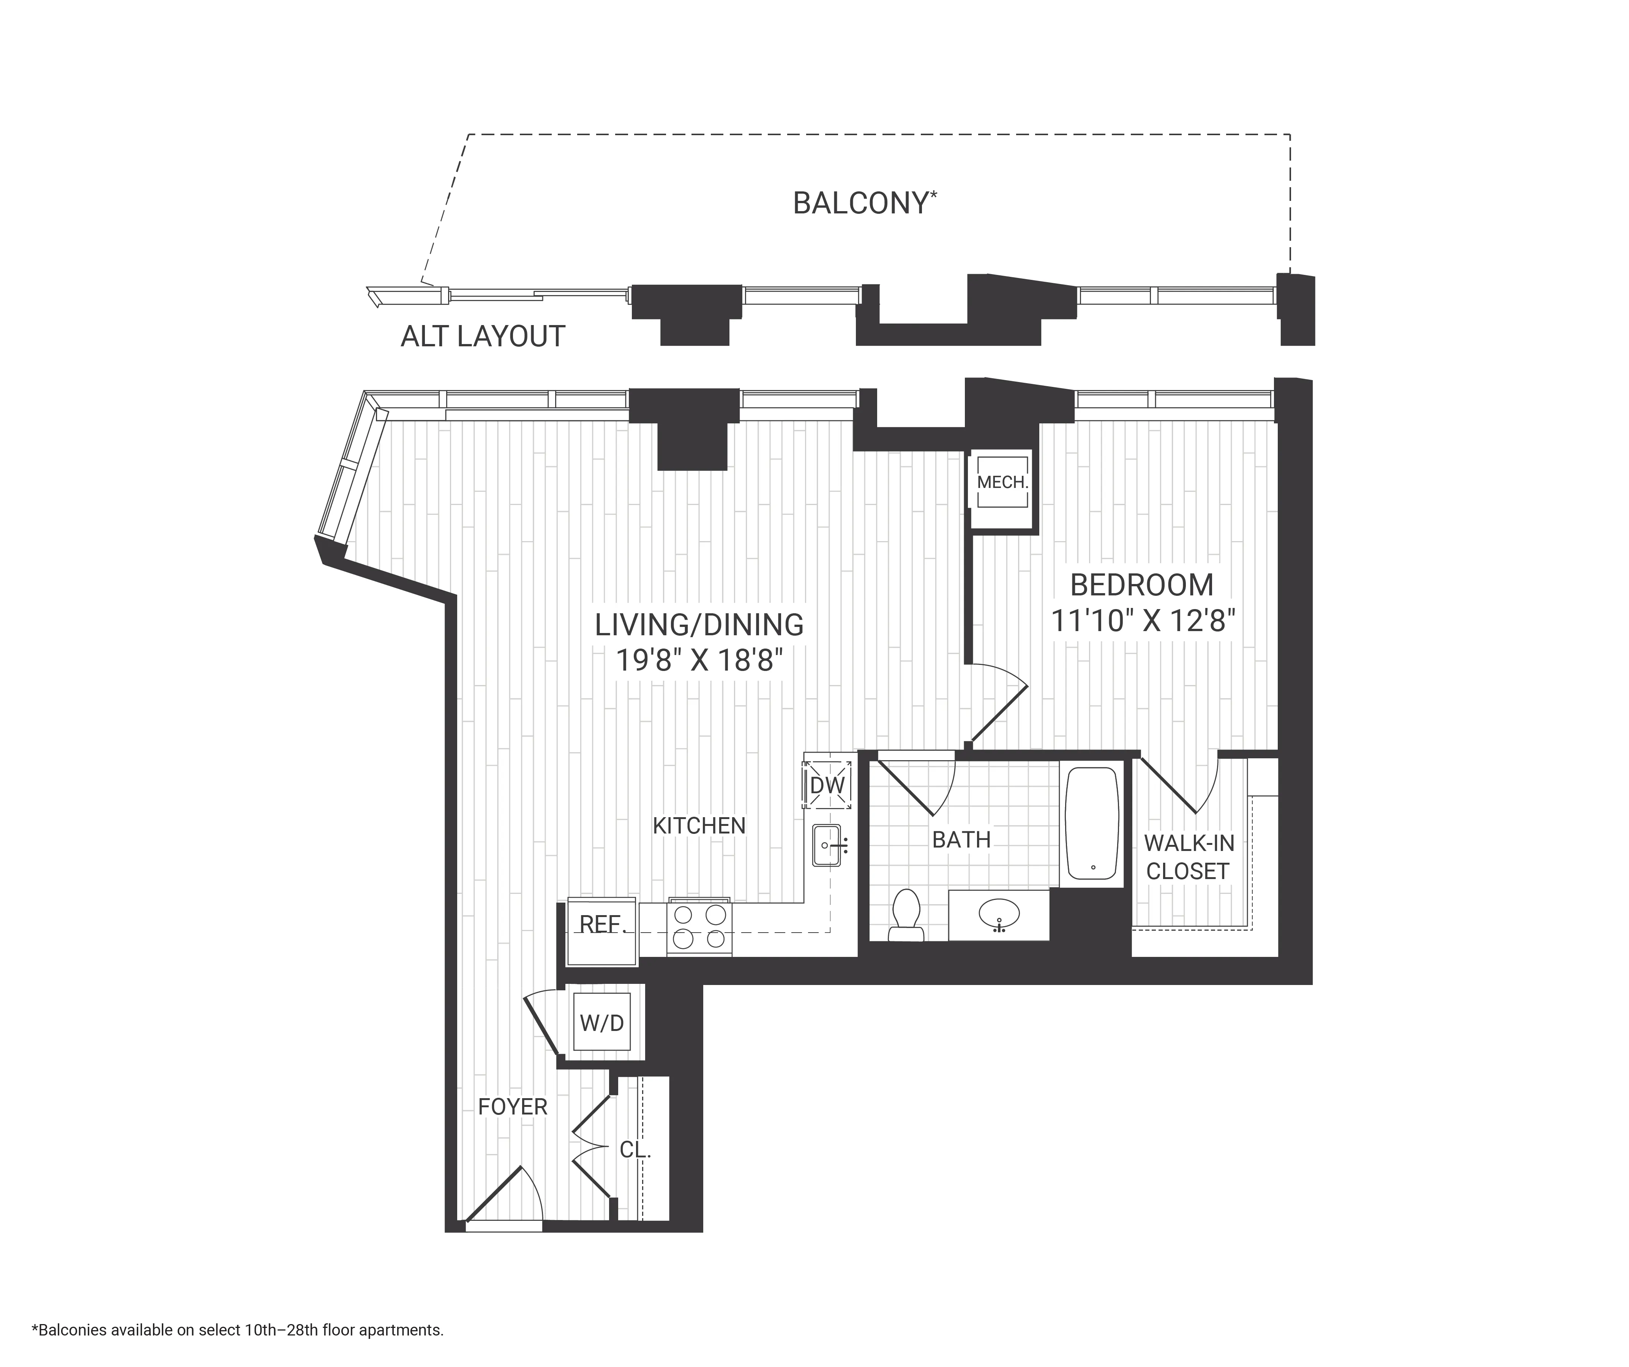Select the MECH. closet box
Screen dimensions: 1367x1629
1002,483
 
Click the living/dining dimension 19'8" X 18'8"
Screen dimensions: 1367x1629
699,661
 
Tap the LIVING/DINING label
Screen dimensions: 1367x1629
699,625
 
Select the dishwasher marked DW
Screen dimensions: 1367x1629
827,785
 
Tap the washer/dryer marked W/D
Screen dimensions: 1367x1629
602,1023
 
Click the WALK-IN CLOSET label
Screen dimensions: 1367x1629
1189,857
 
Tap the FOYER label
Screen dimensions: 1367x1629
513,1107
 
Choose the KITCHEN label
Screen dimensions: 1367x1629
699,826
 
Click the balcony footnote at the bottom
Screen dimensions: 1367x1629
237,1330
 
